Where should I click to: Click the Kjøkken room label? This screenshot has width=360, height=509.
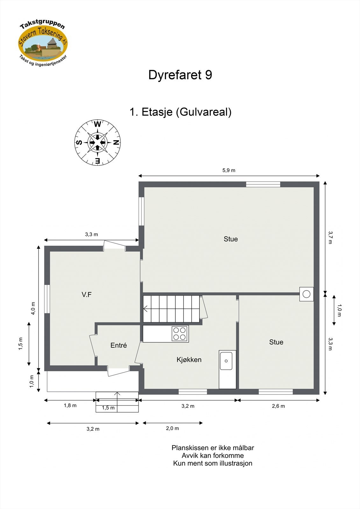pyautogui.click(x=189, y=360)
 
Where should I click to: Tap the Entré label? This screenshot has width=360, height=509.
pyautogui.click(x=119, y=345)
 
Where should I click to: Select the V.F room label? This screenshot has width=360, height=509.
pyautogui.click(x=87, y=295)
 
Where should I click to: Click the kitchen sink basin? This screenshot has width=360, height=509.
pyautogui.click(x=226, y=361)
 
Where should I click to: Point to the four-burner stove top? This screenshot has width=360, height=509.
pyautogui.click(x=180, y=334)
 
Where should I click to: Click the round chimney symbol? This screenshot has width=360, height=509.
pyautogui.click(x=306, y=294)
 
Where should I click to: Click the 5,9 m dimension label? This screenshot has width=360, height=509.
pyautogui.click(x=229, y=171)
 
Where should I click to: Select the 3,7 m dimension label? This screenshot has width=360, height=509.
pyautogui.click(x=330, y=237)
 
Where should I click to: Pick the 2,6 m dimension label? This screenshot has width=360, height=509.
pyautogui.click(x=278, y=406)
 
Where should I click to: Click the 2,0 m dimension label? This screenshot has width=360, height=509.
pyautogui.click(x=172, y=429)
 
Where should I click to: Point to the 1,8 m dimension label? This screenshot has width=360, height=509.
pyautogui.click(x=70, y=406)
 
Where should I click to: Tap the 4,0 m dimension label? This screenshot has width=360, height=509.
pyautogui.click(x=33, y=308)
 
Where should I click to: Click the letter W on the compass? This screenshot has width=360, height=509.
pyautogui.click(x=98, y=124)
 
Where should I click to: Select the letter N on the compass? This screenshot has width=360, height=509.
pyautogui.click(x=116, y=143)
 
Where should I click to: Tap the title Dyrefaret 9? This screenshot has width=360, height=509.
pyautogui.click(x=180, y=75)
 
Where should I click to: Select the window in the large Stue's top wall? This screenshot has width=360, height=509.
pyautogui.click(x=263, y=184)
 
